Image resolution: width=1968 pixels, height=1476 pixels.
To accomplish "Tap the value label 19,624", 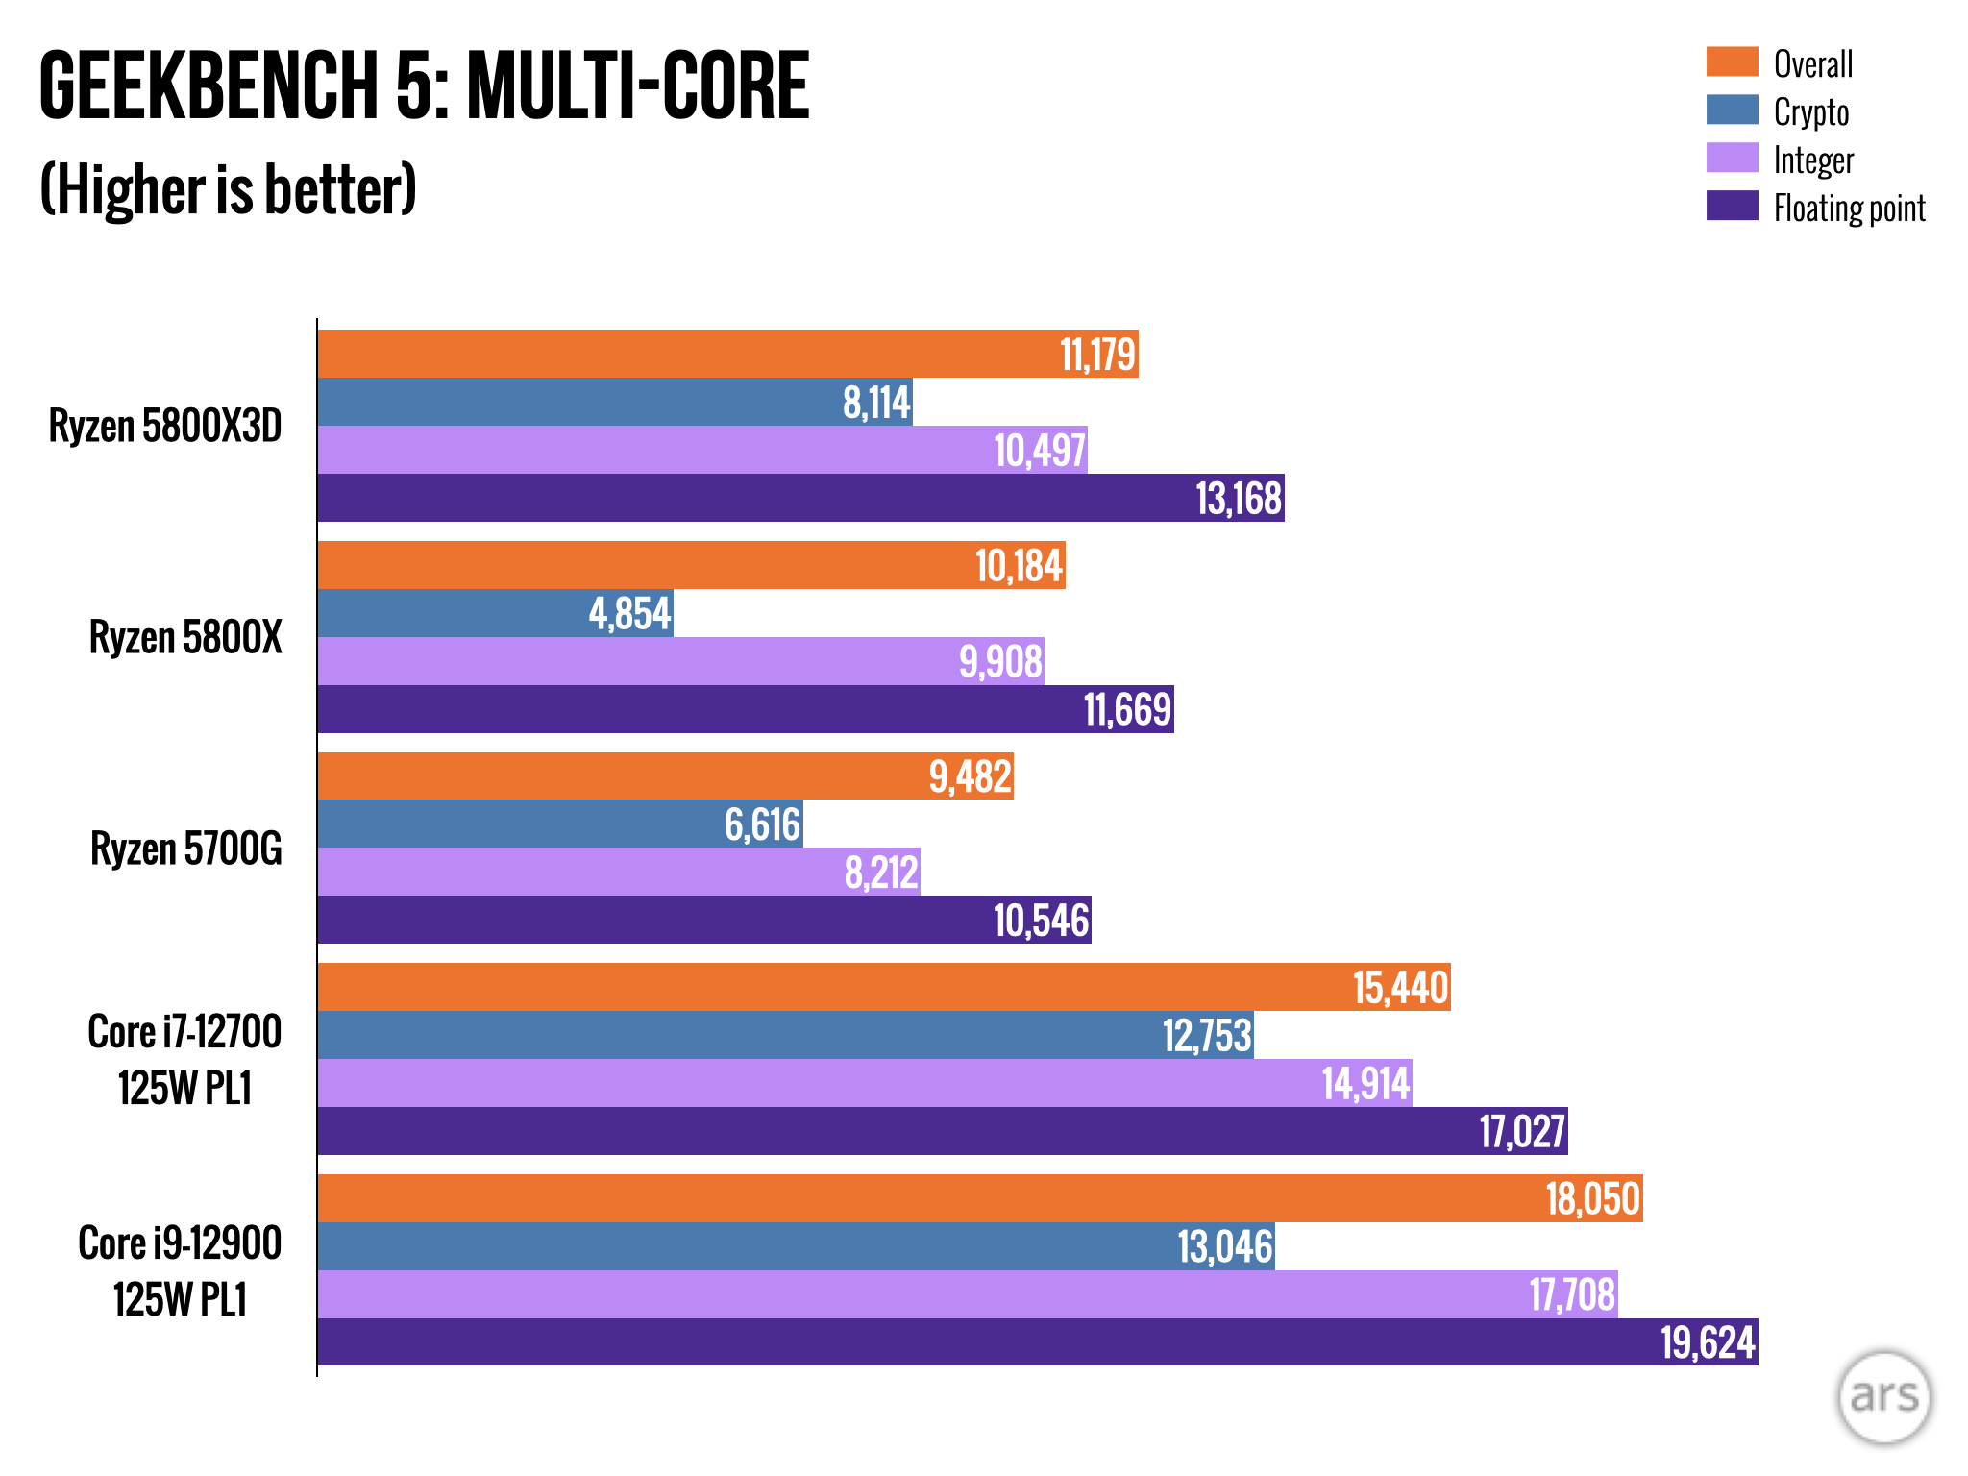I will [1708, 1342].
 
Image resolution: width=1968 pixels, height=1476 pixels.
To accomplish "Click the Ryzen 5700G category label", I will [186, 849].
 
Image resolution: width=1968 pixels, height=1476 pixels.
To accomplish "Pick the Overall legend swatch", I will [1732, 62].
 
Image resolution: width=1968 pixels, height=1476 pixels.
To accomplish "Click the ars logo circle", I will [1883, 1397].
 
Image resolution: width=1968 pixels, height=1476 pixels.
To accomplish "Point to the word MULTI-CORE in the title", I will [638, 86].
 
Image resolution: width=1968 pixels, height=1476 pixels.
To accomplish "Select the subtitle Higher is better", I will [229, 189].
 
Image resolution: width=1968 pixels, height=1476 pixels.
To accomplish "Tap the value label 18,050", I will [1592, 1198].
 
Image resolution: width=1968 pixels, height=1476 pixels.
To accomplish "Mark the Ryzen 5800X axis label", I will [185, 637].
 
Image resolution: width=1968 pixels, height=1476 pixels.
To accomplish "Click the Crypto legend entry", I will [1810, 111].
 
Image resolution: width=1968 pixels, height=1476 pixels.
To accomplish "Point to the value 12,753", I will [1207, 1036].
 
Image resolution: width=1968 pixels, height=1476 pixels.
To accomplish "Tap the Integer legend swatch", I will [1732, 159].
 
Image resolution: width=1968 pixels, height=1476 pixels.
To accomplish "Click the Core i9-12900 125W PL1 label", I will [180, 1270].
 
